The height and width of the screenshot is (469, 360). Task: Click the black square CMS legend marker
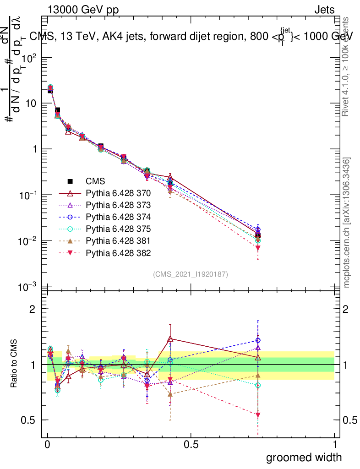pyautogui.click(x=71, y=180)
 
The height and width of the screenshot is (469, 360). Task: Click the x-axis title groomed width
pyautogui.click(x=304, y=457)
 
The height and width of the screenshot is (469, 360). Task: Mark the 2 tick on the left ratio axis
pyautogui.click(x=33, y=309)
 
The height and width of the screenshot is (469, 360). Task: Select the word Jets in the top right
pyautogui.click(x=324, y=10)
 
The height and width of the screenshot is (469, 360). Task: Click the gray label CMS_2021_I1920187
pyautogui.click(x=191, y=274)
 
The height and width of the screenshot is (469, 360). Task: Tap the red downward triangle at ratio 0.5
pyautogui.click(x=258, y=415)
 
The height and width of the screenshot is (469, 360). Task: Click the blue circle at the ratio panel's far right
pyautogui.click(x=258, y=340)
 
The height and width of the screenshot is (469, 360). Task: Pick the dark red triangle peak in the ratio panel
pyautogui.click(x=170, y=339)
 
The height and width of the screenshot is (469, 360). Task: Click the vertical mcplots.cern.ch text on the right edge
pyautogui.click(x=347, y=222)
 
